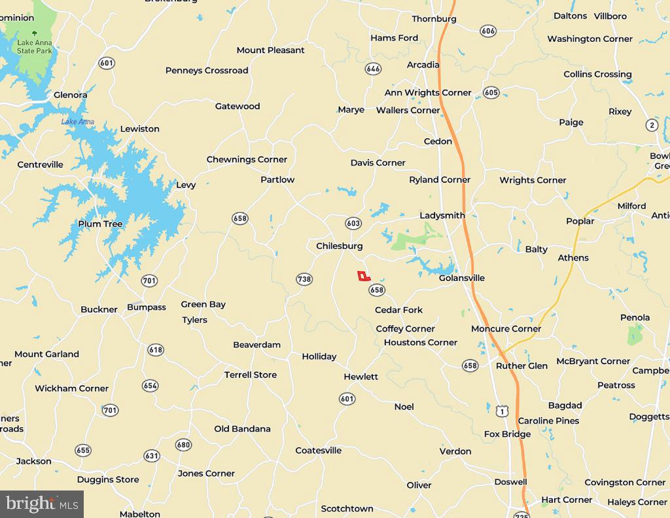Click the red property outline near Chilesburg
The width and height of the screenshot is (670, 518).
[x=363, y=276]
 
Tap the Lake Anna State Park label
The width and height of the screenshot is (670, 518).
[x=35, y=46]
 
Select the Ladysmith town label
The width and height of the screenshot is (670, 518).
[x=442, y=215]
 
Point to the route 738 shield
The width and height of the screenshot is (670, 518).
[x=304, y=279]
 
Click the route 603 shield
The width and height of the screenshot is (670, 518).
[x=353, y=223]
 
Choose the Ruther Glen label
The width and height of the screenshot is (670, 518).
[x=521, y=365]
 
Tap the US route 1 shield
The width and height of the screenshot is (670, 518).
[x=501, y=410]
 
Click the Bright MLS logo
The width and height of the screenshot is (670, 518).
[x=42, y=504]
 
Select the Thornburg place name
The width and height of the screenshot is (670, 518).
[x=434, y=19]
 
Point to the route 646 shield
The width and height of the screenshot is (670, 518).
[x=373, y=69]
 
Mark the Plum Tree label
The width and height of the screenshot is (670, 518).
[x=100, y=223]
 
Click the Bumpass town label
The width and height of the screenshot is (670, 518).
[x=147, y=306]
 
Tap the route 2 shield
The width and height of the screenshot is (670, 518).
[x=652, y=125]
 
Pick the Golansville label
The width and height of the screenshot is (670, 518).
[x=462, y=278]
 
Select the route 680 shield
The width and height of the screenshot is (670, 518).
[x=183, y=445]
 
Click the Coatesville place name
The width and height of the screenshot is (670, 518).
[x=319, y=450]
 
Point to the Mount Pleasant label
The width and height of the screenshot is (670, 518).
[x=270, y=50]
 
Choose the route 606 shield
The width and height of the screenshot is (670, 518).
[x=487, y=31]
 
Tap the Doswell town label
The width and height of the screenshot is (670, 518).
[x=510, y=481]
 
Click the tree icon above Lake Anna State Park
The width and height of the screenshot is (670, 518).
[x=35, y=33]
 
